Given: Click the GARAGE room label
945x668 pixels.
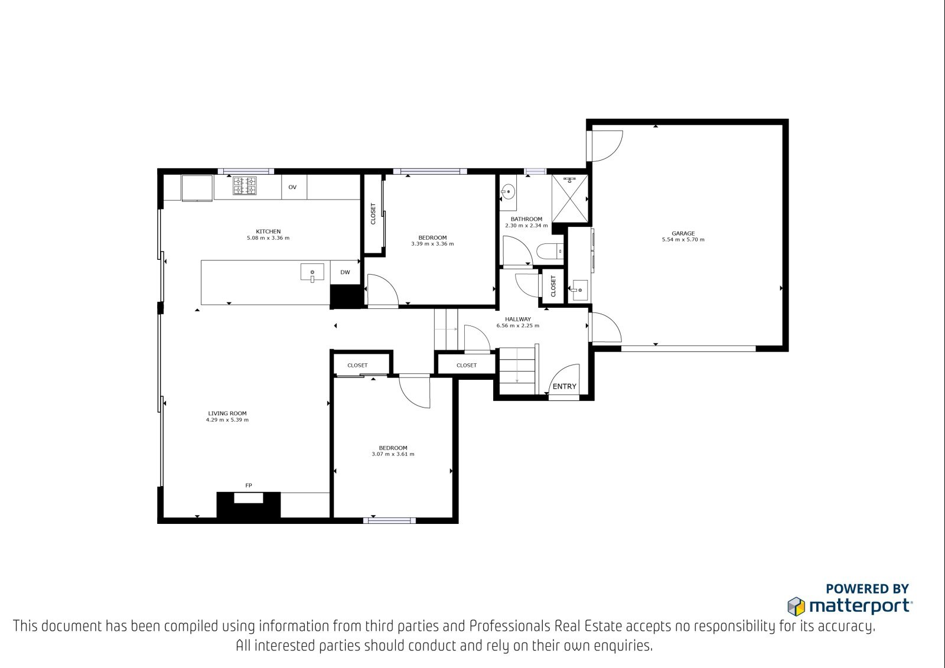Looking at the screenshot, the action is [x=683, y=233].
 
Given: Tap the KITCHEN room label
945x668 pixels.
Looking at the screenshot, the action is [x=268, y=232].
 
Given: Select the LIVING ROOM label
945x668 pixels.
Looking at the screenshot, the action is [x=227, y=413].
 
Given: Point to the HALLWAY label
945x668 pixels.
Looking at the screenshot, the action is [x=517, y=320].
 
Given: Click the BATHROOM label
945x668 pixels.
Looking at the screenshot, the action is [x=526, y=219].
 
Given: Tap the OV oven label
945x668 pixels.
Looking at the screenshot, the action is [x=292, y=187].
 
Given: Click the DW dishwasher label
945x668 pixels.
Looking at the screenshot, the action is [x=345, y=272].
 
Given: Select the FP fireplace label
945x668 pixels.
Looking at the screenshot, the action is [x=249, y=485].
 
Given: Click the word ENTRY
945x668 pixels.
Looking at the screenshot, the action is [x=565, y=386].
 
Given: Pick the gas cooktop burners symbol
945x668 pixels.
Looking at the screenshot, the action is [x=245, y=186].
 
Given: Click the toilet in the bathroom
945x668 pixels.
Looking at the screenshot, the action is [x=550, y=252].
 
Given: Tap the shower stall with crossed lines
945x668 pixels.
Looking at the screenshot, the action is [x=569, y=199].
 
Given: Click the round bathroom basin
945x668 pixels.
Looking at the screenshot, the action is [x=508, y=192].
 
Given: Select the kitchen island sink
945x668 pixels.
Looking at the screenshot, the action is [x=312, y=273].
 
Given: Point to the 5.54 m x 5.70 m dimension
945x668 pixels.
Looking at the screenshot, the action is [x=683, y=240].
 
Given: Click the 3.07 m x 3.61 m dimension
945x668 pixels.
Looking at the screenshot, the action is [x=393, y=454].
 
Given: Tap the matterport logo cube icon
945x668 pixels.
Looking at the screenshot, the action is [x=796, y=607].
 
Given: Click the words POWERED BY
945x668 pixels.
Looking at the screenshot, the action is [x=868, y=589].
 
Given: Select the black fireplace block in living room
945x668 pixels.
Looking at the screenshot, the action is [x=249, y=505].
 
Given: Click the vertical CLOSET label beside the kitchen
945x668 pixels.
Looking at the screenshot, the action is [x=373, y=214].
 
